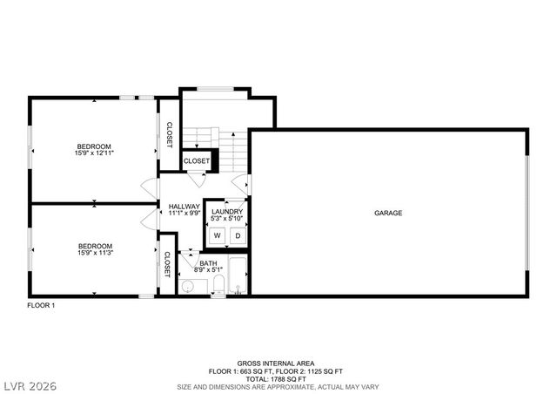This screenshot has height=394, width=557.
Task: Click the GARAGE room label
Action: [387, 214]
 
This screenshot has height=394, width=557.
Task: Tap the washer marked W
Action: [217, 234]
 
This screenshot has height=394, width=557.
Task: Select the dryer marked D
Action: [236, 234]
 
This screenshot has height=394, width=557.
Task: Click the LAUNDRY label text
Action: [226, 211]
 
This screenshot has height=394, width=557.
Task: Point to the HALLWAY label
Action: [184, 207]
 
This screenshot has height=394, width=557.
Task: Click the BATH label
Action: [208, 262]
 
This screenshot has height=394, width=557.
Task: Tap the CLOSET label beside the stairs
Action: [196, 161]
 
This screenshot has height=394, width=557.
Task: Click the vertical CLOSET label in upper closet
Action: [169, 134]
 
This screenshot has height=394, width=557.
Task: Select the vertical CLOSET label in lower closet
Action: [167, 265]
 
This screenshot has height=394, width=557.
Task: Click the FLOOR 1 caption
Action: [41, 305]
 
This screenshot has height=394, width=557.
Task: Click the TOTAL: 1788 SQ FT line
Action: [276, 379]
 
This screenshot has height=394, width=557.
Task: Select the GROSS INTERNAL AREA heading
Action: [276, 363]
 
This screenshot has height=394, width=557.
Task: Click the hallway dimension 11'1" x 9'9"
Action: [184, 214]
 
